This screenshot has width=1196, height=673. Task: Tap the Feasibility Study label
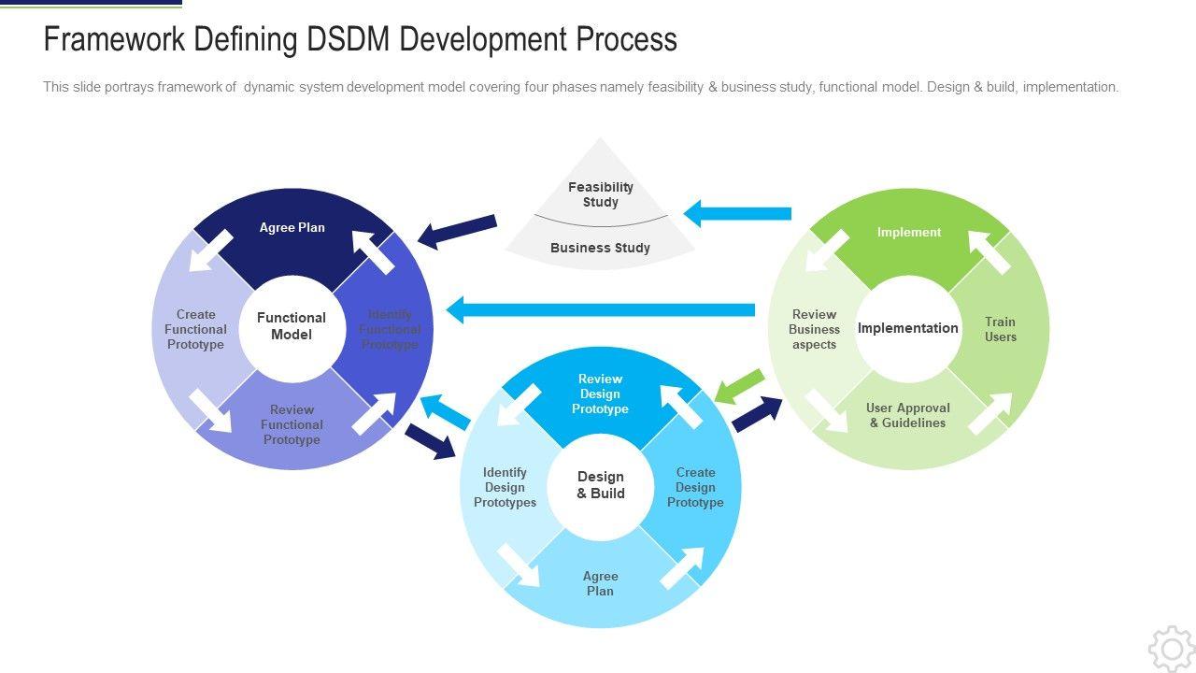pos(601,194)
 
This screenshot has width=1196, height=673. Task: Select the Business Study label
pos(600,248)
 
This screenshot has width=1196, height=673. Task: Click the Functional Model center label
pos(292,326)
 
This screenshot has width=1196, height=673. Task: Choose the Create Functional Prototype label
pos(195,329)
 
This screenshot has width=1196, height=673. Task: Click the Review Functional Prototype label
pos(292,424)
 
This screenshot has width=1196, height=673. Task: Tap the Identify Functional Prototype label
pos(390,329)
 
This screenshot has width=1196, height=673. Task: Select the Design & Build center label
pos(601,485)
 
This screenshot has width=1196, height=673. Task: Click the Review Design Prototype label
pos(600,394)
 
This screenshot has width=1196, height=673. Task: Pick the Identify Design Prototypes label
pos(505,487)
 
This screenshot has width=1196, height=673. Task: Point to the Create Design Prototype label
pos(695,487)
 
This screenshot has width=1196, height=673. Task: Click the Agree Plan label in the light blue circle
pos(600,583)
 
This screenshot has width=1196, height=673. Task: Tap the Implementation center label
pos(908,328)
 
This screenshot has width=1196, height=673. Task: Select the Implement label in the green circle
pos(909,233)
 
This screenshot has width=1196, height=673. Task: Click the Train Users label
pos(1000,329)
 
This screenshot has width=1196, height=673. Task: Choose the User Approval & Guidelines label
pos(908,415)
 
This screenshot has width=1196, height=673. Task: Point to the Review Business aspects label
pos(814,329)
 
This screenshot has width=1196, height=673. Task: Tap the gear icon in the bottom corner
pos(1170,648)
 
